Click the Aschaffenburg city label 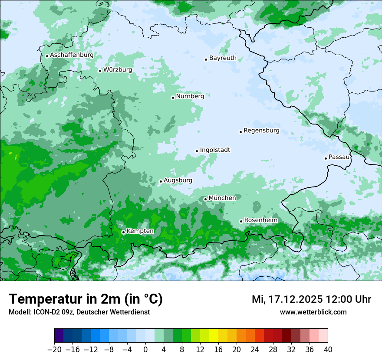pos(72,55)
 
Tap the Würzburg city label pos(118,69)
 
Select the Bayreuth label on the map pos(223,58)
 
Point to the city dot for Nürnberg pos(173,98)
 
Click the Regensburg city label pos(261,130)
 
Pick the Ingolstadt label pos(215,150)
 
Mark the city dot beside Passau pos(326,158)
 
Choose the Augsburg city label pos(178,180)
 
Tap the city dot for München pos(205,199)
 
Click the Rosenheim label pos(260,220)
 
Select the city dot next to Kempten pos(123,232)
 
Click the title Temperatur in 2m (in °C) pos(86,299)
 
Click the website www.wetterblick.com pos(313,312)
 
